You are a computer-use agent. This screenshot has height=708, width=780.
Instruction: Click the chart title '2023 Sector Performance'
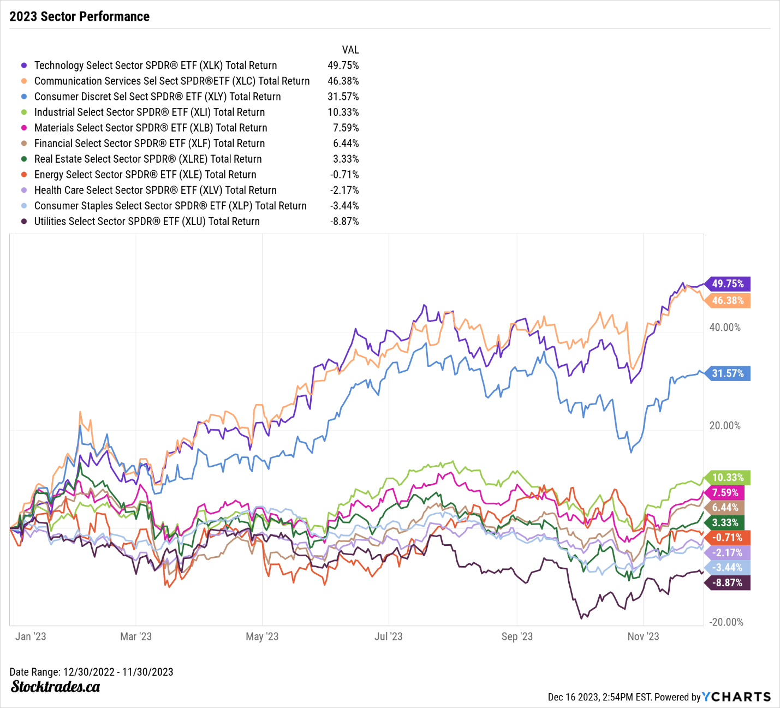point(80,16)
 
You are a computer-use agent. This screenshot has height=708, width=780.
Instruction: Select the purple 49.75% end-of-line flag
point(728,284)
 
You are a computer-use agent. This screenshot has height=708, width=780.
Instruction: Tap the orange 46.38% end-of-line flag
point(728,301)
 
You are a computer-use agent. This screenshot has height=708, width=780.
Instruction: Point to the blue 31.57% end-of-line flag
point(728,373)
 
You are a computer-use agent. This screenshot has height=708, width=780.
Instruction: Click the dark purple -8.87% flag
point(728,583)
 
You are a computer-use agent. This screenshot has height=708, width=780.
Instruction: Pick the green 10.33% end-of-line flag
point(728,478)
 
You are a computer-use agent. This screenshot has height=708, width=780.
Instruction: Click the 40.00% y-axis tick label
point(725,328)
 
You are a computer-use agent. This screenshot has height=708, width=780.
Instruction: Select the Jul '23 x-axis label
point(388,636)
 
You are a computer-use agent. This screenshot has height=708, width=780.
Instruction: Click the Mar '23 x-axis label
point(136,636)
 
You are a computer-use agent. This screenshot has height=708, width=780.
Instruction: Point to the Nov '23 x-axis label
point(643,636)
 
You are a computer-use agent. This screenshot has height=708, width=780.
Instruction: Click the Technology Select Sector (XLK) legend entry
point(156,66)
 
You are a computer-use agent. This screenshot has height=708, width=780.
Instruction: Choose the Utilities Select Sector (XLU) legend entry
point(147,222)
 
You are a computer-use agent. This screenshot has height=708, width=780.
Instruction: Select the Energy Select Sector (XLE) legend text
point(145,175)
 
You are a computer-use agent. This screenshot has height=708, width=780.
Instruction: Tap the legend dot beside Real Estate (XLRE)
point(24,159)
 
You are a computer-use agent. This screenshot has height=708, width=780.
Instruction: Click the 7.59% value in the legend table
point(346,128)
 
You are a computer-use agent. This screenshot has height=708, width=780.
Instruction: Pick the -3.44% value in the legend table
point(344,206)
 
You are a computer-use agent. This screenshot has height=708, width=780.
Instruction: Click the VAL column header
point(350,50)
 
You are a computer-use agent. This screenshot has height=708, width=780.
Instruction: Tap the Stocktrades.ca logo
point(55,687)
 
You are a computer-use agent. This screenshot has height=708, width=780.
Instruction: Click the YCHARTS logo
point(736,697)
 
